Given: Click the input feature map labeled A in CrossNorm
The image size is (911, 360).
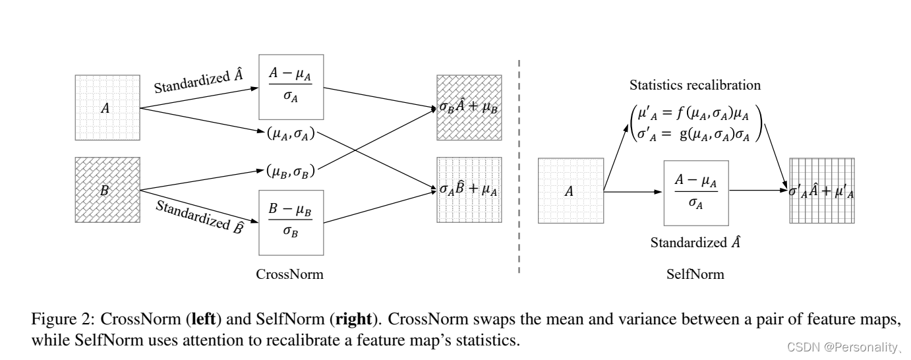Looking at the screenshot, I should pos(107,107).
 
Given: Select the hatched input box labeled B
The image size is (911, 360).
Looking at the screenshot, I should pos(107,189).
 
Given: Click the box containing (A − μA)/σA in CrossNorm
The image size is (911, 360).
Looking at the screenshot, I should pos(291,88).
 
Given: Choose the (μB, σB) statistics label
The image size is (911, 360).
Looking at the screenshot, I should pos(291,173).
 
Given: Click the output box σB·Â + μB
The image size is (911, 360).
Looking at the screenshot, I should pos(469,107).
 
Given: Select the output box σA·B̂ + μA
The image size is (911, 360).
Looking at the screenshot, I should pos(469,189).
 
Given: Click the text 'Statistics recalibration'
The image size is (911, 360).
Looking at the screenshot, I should pos(695,86).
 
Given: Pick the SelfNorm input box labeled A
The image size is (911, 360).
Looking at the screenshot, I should pos(571,191).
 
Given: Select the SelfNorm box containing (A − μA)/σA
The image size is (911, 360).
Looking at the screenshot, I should pos(695,192).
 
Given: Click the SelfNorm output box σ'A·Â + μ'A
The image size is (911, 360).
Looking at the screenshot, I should pos(822,191).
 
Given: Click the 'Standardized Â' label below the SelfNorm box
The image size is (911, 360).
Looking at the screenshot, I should pos(695,241).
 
